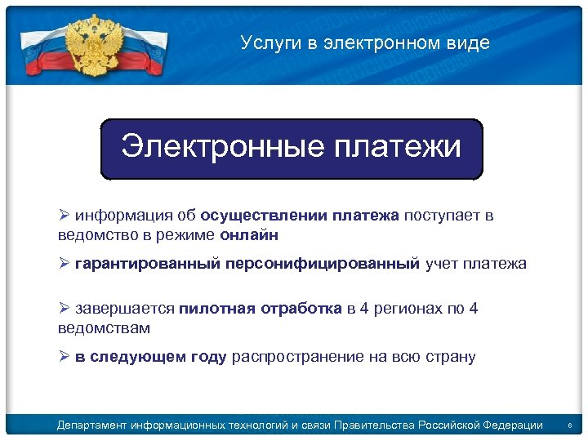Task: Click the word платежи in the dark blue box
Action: click(398, 147)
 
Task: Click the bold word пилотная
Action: click(216, 309)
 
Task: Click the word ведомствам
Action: click(104, 327)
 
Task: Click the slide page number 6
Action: click(570, 425)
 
